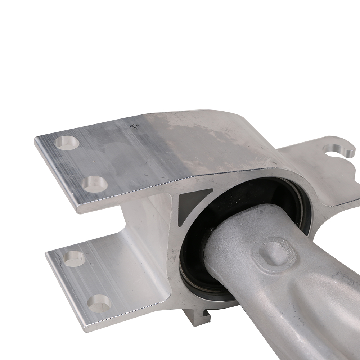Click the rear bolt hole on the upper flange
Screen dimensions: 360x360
click(68, 143)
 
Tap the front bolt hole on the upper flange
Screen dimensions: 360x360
click(95, 184)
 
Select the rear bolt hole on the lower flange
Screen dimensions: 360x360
click(74, 258)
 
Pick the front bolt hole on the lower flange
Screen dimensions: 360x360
click(99, 303)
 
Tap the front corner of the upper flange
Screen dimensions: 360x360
click(77, 209)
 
